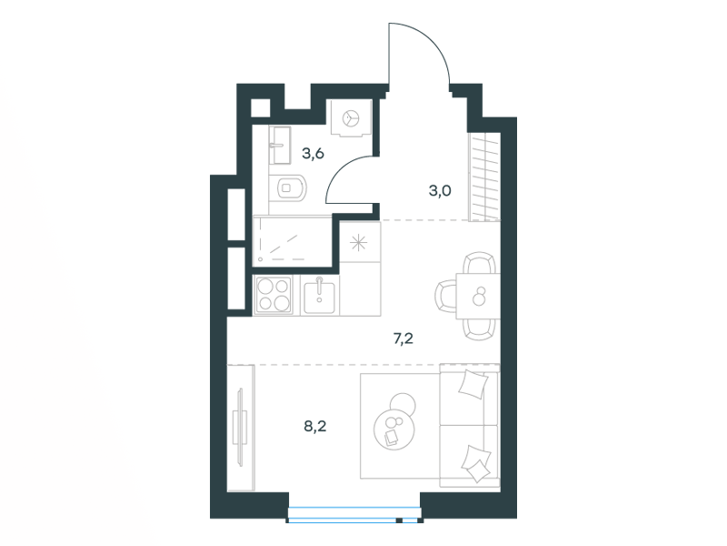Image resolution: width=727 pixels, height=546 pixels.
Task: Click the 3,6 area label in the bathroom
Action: (313, 153)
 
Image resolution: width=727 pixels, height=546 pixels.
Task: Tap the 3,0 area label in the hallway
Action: (440, 190)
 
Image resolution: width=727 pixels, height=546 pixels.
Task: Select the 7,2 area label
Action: (403, 339)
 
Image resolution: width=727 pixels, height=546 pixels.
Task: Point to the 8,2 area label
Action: (315, 426)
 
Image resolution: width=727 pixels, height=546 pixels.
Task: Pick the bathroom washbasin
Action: (280, 146)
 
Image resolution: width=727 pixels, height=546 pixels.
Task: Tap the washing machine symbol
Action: (350, 118)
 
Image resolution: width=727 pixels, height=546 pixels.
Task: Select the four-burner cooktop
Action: (274, 294)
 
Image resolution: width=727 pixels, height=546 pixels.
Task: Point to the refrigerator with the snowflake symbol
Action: (360, 242)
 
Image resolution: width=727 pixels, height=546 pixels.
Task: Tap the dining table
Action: (478, 297)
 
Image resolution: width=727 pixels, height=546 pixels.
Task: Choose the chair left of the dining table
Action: (446, 297)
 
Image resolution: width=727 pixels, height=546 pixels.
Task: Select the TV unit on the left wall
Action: (241, 428)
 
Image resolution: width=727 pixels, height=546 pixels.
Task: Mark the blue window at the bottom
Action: (354, 515)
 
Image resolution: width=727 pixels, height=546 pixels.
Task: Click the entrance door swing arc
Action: (431, 42)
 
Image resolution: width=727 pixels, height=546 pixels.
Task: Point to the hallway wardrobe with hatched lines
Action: (484, 177)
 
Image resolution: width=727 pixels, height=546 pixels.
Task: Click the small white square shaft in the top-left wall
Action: (260, 108)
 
